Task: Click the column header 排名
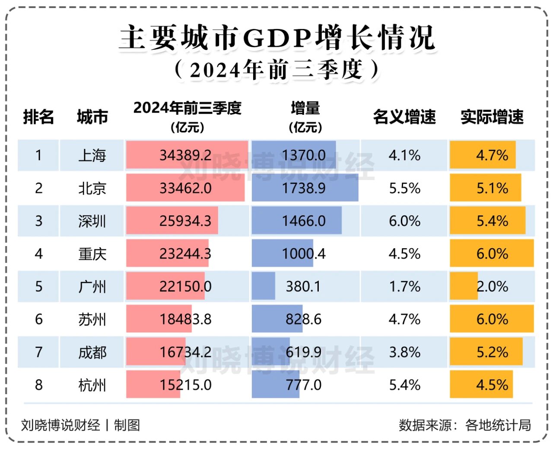pyautogui.click(x=38, y=117)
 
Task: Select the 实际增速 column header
pyautogui.click(x=492, y=117)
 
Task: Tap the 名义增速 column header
pyautogui.click(x=404, y=117)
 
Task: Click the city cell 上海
pyautogui.click(x=92, y=155)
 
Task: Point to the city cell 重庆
pyautogui.click(x=92, y=254)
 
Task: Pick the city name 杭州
pyautogui.click(x=92, y=385)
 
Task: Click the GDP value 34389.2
pyautogui.click(x=185, y=155)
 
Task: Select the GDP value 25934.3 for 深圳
pyautogui.click(x=185, y=221)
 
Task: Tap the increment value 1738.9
pyautogui.click(x=304, y=188)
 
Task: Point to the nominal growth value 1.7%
pyautogui.click(x=404, y=287)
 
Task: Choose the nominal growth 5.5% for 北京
pyautogui.click(x=404, y=188)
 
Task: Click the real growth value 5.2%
pyautogui.click(x=492, y=352)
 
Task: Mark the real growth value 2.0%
pyautogui.click(x=492, y=287)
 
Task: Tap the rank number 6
pyautogui.click(x=38, y=319)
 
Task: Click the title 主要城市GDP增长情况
pyautogui.click(x=276, y=38)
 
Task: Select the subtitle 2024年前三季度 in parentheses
pyautogui.click(x=276, y=70)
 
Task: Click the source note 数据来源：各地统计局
pyautogui.click(x=464, y=425)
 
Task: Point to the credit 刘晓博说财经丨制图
pyautogui.click(x=80, y=425)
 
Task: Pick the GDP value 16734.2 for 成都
pyautogui.click(x=185, y=352)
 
